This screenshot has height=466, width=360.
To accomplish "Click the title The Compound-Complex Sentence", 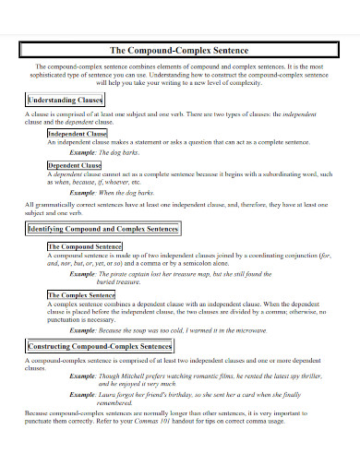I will pos(179,50).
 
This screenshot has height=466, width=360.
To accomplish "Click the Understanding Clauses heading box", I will pos(66,98).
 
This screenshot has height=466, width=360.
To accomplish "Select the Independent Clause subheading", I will pos(78,134).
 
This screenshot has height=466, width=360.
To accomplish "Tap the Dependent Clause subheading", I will pos(74,164).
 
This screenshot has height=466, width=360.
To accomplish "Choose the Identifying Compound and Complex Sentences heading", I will pos(102,227).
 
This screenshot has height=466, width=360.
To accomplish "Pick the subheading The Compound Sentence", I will pos(84,247).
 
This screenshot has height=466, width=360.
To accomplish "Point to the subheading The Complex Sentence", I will pos(81,294).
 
